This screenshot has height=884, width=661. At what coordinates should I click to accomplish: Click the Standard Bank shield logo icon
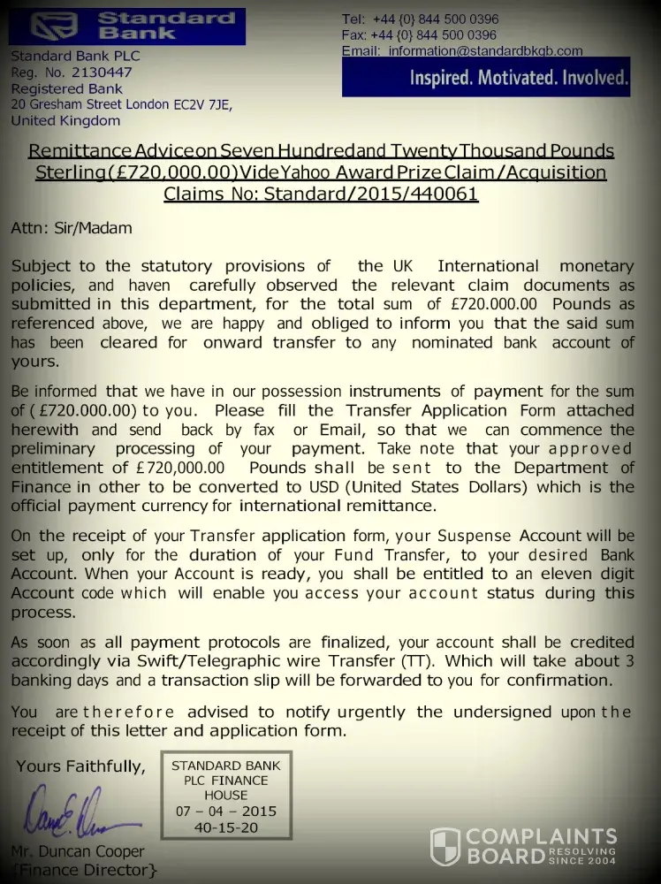(x=54, y=27)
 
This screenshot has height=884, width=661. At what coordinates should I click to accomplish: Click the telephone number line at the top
(x=420, y=19)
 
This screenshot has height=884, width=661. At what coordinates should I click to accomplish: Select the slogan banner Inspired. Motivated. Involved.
(x=519, y=79)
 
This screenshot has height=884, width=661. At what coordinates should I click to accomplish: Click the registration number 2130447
(x=100, y=72)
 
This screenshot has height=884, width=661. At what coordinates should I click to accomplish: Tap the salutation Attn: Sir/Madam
(x=71, y=228)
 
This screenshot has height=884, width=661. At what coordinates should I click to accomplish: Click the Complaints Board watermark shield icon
(x=444, y=847)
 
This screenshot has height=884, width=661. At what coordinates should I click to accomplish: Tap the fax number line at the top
(x=419, y=35)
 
